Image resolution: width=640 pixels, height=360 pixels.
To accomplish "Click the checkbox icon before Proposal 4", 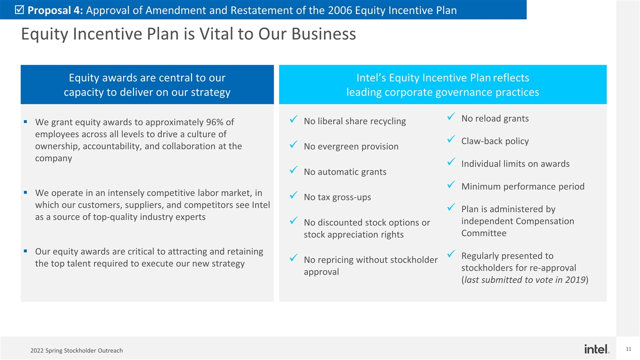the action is tap(19, 10).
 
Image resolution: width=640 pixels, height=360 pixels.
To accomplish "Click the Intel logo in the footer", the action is tap(596, 349).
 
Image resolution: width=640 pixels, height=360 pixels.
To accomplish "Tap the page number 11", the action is tap(628, 349).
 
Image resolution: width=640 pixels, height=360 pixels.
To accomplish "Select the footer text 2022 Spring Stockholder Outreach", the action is tap(76, 350).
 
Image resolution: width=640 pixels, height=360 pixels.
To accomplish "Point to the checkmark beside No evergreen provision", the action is tap(293, 144).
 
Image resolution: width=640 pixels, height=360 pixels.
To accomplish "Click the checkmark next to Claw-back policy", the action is tap(451, 139).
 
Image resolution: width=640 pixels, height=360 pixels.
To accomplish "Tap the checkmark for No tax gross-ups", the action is tap(293, 195).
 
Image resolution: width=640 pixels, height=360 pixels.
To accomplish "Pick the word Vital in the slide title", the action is tap(217, 33).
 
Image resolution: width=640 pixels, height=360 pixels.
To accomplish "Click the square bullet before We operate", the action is tap(25, 192).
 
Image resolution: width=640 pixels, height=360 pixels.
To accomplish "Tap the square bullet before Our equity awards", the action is tap(25, 251).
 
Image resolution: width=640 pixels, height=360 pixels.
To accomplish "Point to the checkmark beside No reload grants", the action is tap(451, 116).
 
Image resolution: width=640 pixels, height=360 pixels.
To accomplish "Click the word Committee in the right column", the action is tap(483, 233).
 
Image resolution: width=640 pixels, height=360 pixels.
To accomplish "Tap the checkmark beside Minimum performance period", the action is tap(451, 184).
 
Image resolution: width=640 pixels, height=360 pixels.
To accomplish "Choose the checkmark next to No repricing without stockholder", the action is tap(293, 257).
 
